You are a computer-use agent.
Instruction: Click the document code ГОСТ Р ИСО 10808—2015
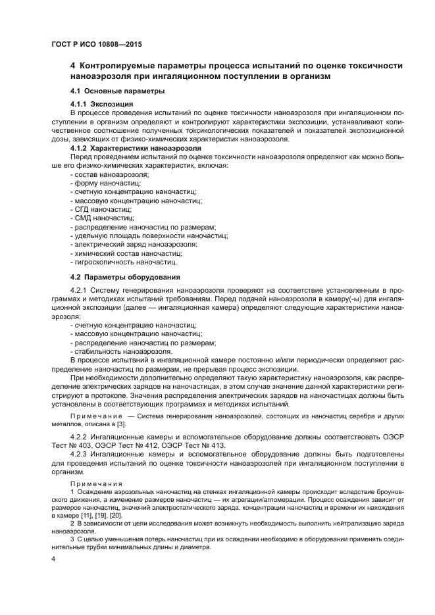click(x=96, y=45)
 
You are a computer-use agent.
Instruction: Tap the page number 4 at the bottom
click(x=53, y=558)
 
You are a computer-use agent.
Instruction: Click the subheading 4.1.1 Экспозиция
click(x=102, y=104)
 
